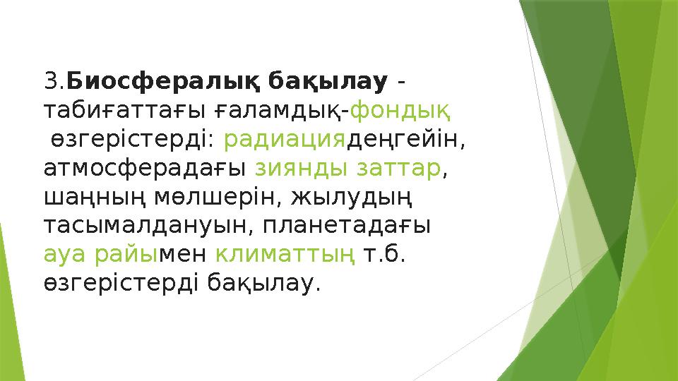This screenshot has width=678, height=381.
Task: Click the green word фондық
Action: click(402, 111)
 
